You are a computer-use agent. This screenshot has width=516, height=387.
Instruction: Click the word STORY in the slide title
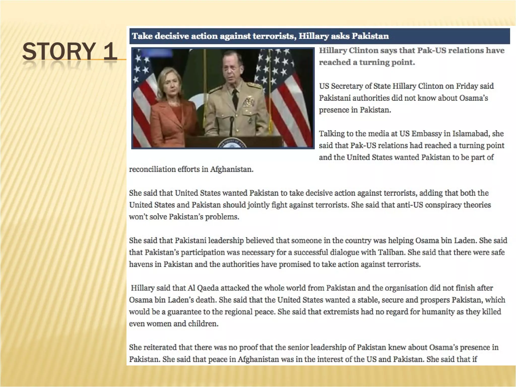coord(59,52)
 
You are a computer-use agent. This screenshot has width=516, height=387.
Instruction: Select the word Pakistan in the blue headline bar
coord(370,36)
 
